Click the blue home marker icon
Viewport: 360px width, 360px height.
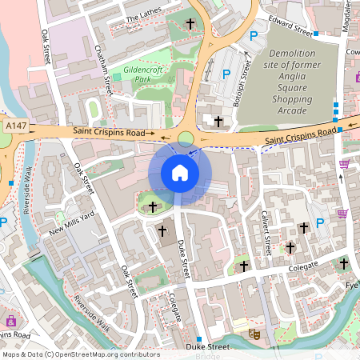point(180,173)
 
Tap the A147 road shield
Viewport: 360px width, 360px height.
point(15,126)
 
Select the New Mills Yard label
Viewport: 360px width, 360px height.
point(72,226)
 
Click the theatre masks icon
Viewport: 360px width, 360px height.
point(254,334)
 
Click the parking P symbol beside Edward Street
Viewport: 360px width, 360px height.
point(254,35)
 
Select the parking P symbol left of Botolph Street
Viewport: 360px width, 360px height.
point(226,74)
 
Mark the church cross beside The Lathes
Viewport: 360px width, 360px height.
point(190,24)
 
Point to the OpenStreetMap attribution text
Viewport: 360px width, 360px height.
point(80,354)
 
